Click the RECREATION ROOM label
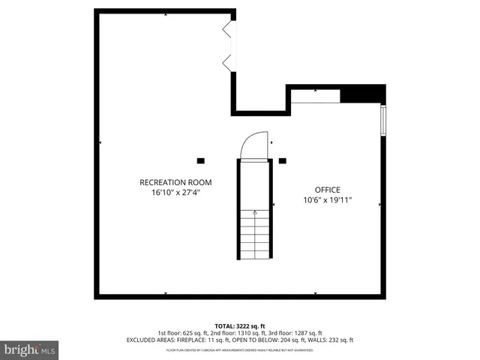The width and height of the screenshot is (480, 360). pos(175,182)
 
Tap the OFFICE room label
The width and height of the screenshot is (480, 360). pos(327,190)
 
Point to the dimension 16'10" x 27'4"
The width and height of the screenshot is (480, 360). pos(175,193)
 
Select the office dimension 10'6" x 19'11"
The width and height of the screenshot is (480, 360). pos(327,200)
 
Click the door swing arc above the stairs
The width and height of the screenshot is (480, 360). pos(255,144)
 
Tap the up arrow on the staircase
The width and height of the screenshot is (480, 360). pos(255,213)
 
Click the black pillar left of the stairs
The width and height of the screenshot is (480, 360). pos(200,160)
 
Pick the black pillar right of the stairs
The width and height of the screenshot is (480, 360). pos(282,160)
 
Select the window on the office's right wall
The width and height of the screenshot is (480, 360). pos(383,120)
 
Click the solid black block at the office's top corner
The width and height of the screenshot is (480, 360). pos(362,96)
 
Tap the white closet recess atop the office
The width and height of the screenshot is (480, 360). pos(315,96)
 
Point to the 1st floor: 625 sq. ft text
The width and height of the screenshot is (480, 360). pos(181,332)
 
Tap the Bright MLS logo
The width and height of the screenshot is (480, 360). pos(30,349)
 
